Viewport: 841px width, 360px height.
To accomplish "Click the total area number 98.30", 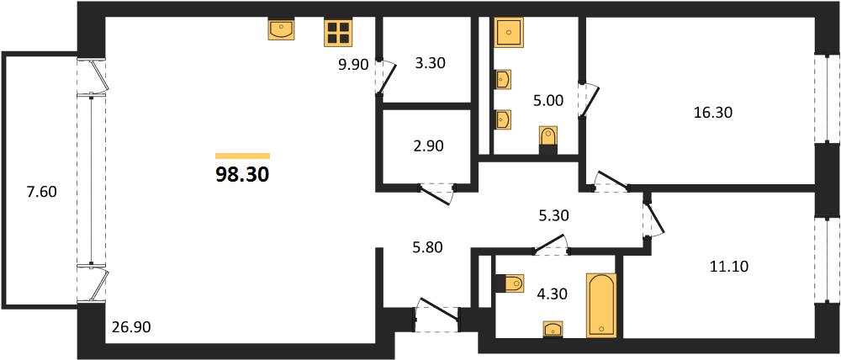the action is point(242,174).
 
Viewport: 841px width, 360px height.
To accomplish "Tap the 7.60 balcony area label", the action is point(42,191).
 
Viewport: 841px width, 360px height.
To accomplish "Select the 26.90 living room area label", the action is point(128,326).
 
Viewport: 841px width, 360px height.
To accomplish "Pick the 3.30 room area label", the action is point(431,63).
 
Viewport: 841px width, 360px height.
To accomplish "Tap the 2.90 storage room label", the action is point(430,146).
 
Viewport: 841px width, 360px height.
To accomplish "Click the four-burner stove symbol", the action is point(337,33).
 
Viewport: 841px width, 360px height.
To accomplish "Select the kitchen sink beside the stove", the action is point(281,29).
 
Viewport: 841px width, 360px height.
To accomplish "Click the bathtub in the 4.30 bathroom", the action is point(601,305).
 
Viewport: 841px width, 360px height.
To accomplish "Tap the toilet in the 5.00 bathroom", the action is point(547,137).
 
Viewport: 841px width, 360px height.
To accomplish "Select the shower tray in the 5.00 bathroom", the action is point(509,33).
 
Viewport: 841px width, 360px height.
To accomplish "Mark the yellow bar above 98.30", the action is point(242,156).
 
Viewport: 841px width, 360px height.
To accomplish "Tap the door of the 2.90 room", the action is point(437,193).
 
